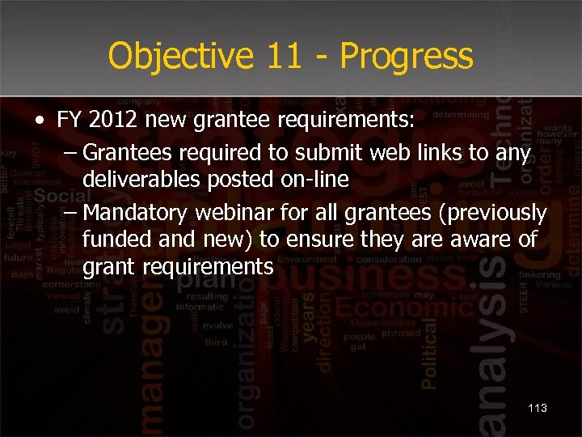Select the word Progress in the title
(x=407, y=57)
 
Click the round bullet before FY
(x=39, y=122)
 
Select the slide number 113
(x=538, y=408)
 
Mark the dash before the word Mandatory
(x=69, y=212)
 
